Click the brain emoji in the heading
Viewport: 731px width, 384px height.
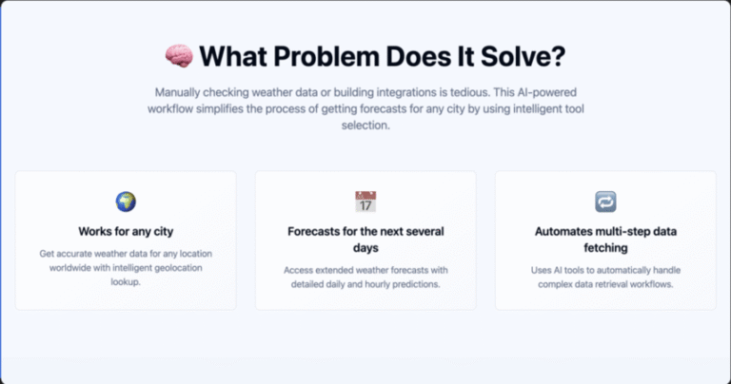(x=179, y=56)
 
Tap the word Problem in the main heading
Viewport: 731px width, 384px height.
(x=326, y=56)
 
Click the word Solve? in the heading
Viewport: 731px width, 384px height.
(x=523, y=56)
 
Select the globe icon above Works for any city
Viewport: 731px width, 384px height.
(x=126, y=202)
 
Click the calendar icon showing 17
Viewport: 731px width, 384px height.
(x=365, y=202)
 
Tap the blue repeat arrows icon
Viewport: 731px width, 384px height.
(x=605, y=202)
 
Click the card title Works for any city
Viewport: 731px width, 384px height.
(x=126, y=231)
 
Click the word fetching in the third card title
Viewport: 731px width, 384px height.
(x=605, y=248)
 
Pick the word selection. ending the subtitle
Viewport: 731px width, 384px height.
(x=365, y=125)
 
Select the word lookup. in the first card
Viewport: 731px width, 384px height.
(x=126, y=281)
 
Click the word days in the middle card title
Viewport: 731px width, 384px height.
(x=365, y=248)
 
